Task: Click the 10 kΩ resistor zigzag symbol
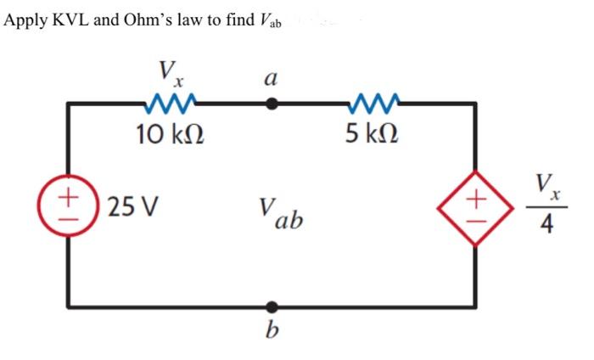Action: (x=173, y=104)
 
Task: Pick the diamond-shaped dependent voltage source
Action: (x=474, y=205)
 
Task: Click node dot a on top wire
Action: (x=272, y=104)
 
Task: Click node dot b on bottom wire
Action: (x=272, y=306)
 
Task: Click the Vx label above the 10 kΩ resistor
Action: (x=171, y=72)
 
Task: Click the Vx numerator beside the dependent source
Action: (x=547, y=184)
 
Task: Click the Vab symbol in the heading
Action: (x=271, y=20)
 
